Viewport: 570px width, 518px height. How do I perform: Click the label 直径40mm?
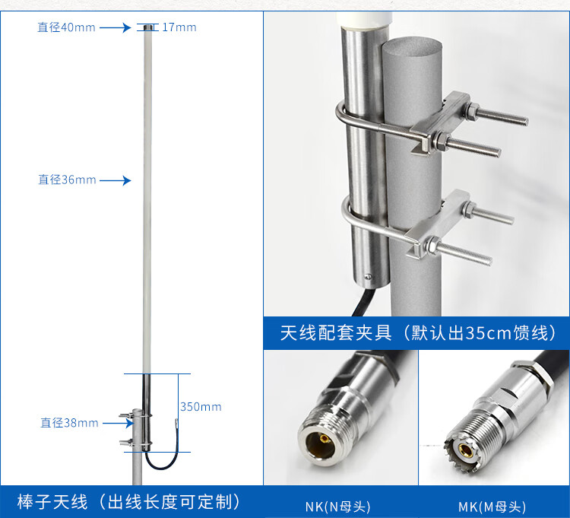67,27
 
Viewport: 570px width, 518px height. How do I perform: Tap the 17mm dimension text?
179,27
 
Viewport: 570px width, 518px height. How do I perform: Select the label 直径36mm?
68,180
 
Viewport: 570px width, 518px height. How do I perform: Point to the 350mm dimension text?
201,407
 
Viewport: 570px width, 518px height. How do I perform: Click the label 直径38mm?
69,423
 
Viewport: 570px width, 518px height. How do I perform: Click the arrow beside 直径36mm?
115,180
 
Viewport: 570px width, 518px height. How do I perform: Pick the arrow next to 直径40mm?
115,27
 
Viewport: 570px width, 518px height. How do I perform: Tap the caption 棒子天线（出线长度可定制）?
128,501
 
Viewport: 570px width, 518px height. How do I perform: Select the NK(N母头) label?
337,507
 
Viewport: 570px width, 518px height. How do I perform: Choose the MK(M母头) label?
492,507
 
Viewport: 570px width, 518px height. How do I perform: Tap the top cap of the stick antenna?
146,27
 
